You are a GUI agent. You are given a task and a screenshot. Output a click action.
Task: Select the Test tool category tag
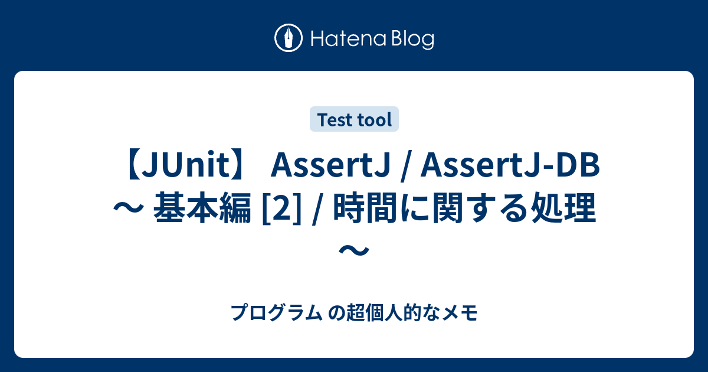[x=355, y=120]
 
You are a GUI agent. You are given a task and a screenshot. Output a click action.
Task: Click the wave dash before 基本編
[x=128, y=210]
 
